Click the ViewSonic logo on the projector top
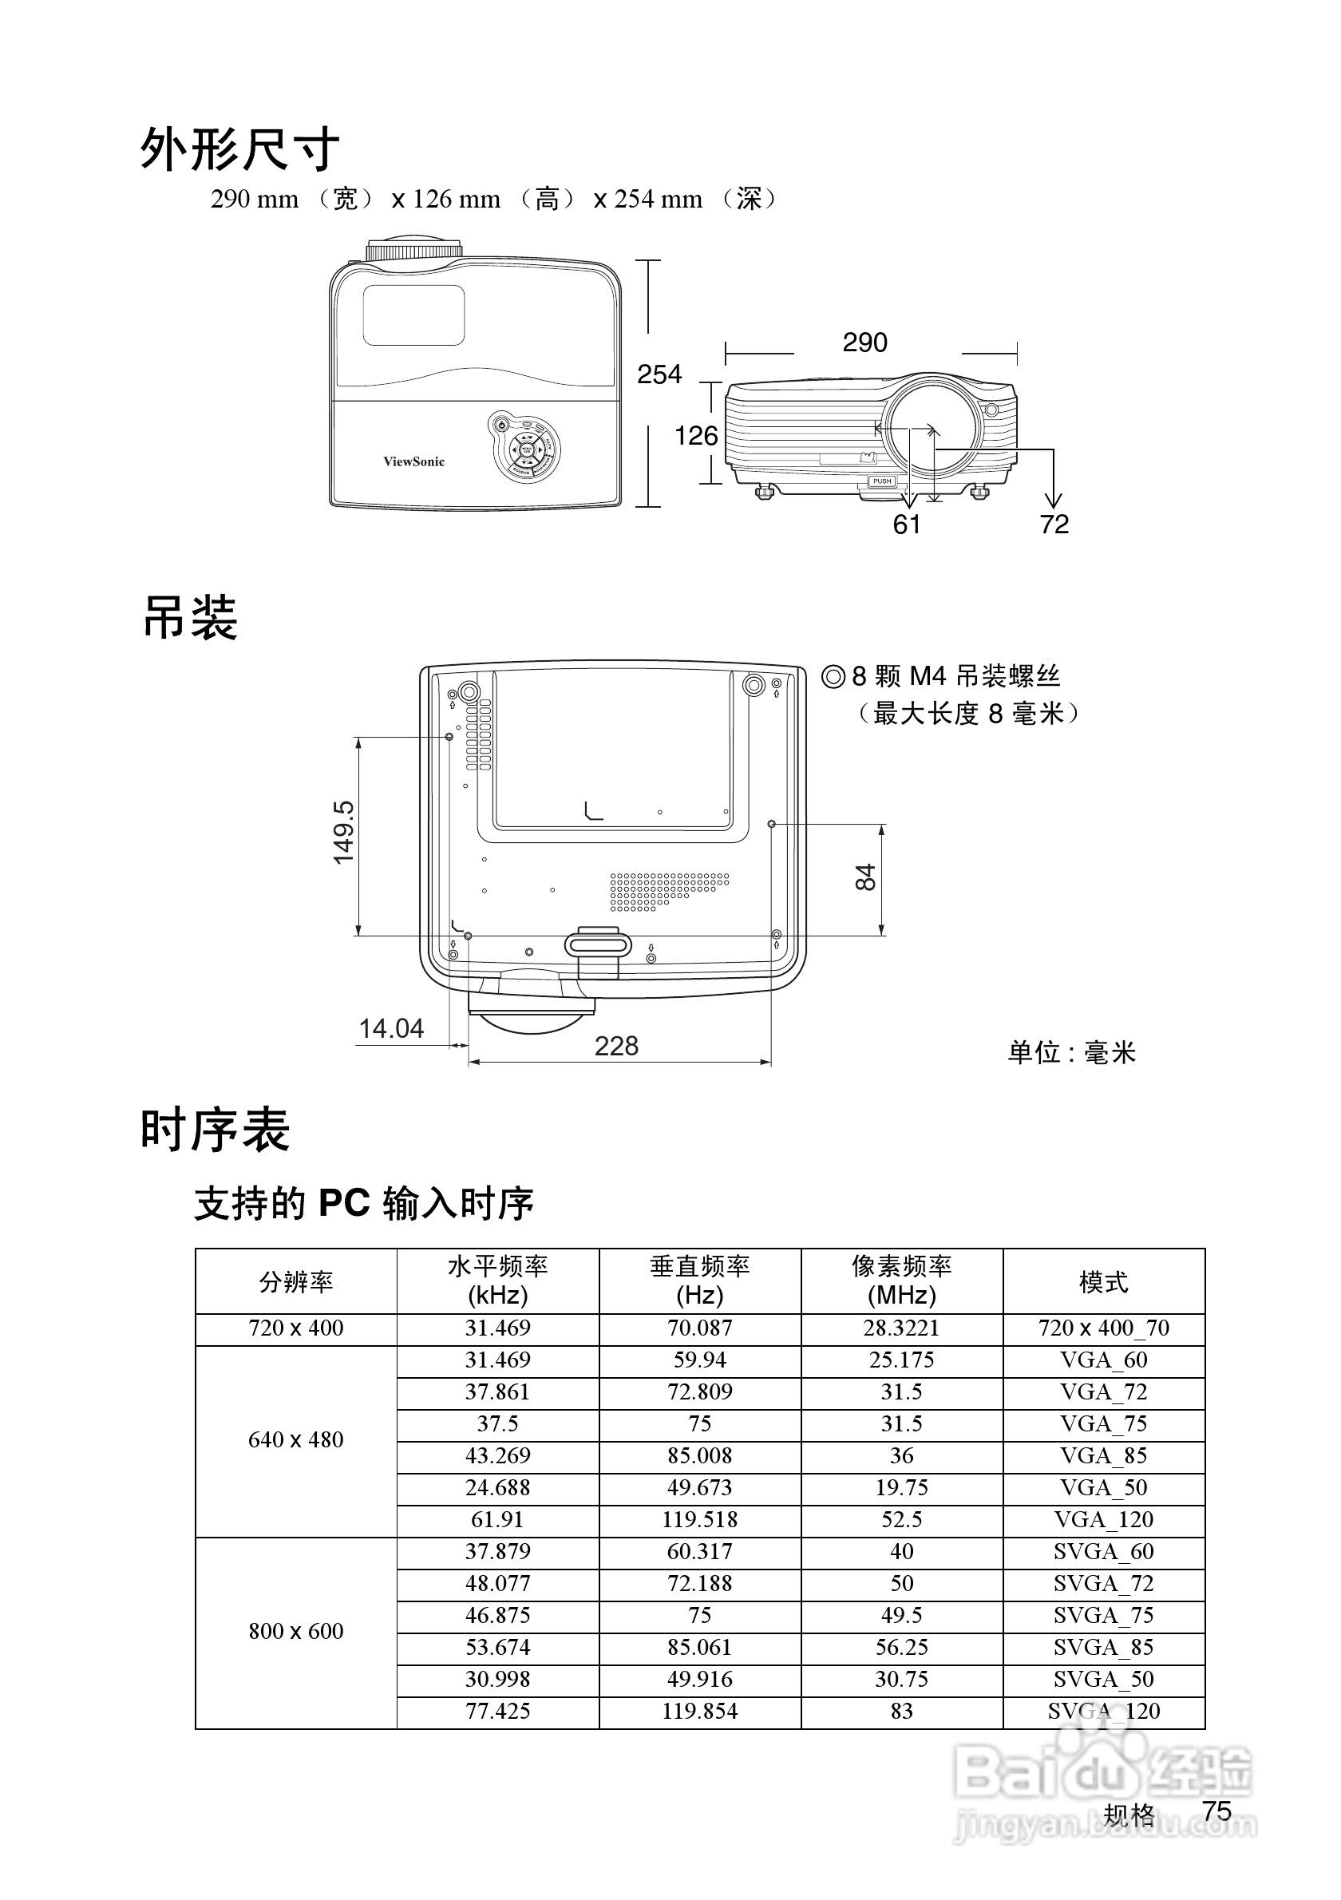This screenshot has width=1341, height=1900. [x=413, y=461]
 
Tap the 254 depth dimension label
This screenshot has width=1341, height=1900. [x=659, y=375]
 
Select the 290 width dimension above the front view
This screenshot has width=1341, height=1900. [x=864, y=342]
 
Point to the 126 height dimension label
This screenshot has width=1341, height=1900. [x=696, y=436]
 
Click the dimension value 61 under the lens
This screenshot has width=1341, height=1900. [x=907, y=524]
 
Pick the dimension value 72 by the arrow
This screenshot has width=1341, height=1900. [x=1054, y=524]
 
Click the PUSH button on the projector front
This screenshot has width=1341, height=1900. [x=882, y=481]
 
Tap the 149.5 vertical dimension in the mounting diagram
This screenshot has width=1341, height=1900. [x=343, y=833]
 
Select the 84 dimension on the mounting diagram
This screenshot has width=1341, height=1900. [x=865, y=877]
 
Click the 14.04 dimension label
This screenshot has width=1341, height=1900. [x=390, y=1028]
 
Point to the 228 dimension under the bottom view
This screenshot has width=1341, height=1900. [x=616, y=1046]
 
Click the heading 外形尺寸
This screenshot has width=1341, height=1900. [x=239, y=150]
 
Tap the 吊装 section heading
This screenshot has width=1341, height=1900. [x=190, y=618]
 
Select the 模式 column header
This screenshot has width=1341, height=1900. [x=1104, y=1282]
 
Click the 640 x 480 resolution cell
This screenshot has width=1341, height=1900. [x=296, y=1440]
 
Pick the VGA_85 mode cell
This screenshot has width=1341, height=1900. [x=1104, y=1455]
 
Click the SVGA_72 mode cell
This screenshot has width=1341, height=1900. [x=1104, y=1583]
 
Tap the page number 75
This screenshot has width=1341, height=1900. [x=1217, y=1811]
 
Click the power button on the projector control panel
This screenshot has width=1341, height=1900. [x=500, y=426]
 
